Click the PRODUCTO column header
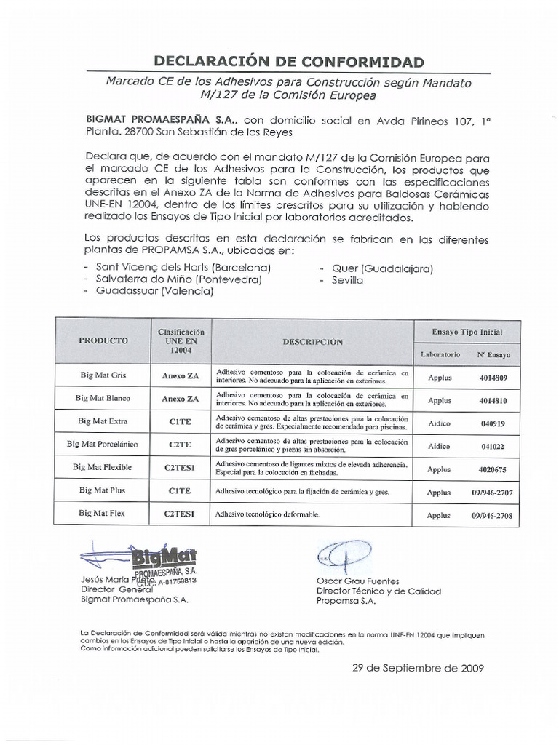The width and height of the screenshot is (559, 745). (x=103, y=340)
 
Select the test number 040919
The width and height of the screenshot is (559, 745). (x=493, y=423)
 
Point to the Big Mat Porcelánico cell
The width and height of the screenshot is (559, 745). (x=103, y=445)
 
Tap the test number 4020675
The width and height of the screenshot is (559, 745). (x=493, y=469)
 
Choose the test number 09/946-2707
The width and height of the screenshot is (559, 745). (x=492, y=492)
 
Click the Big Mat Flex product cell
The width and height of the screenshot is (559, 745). (x=103, y=514)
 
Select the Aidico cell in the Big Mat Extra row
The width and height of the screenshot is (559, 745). (x=439, y=423)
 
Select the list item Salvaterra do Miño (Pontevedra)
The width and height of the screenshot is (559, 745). (x=174, y=279)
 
